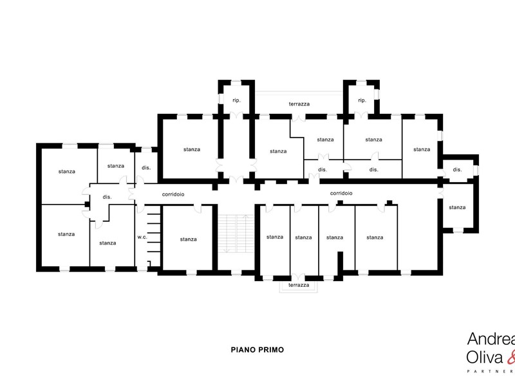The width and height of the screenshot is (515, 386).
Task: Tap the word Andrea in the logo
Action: coord(491,339)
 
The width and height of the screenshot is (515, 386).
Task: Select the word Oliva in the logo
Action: coord(485,358)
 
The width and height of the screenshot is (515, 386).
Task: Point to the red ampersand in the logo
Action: coord(511,358)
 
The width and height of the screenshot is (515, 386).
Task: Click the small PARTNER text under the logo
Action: coord(491,372)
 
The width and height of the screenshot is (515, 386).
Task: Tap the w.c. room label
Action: coord(142,237)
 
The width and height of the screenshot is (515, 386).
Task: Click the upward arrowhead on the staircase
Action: coord(245,217)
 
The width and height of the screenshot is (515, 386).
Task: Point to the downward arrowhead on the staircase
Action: coord(226,250)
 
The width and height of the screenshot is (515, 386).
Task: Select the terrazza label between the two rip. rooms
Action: coord(299,104)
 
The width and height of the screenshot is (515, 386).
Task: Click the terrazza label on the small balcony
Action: coord(299,285)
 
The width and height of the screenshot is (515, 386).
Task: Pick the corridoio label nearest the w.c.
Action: coord(173,194)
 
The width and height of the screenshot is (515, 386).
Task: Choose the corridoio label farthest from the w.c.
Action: coord(341,194)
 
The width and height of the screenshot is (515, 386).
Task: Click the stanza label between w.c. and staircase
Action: coord(188,239)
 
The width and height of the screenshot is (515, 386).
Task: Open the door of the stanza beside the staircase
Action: coord(198,208)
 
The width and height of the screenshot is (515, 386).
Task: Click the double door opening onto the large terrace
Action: coord(299,118)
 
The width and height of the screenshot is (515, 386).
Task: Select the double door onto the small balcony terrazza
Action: coord(298,277)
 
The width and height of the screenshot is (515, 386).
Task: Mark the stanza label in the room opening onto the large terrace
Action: coord(325,140)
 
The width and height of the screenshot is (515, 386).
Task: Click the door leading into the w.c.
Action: coord(140,208)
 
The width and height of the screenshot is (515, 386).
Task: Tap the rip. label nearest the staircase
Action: coord(236,100)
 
